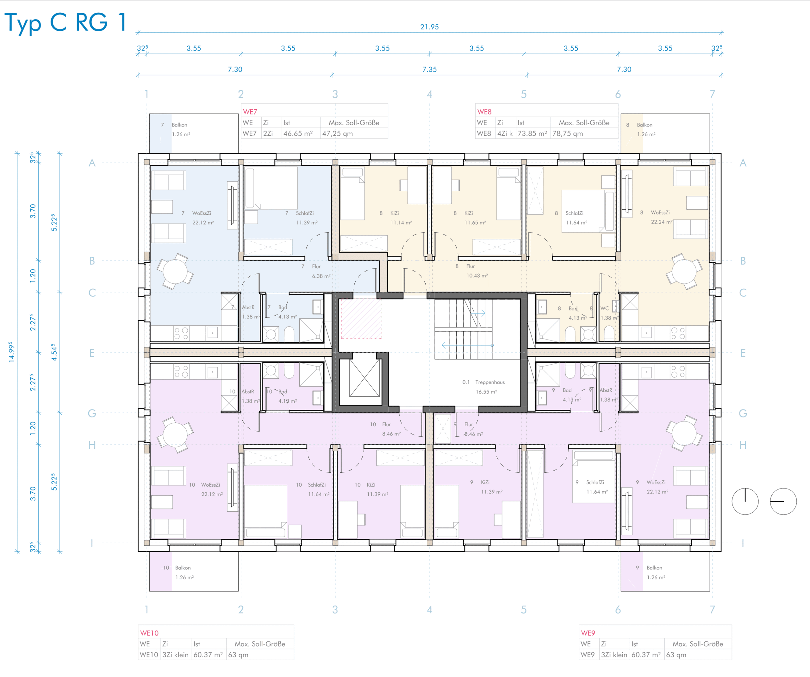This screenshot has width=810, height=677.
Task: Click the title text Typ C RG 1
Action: click(x=65, y=22)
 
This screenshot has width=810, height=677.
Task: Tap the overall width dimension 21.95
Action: click(x=429, y=27)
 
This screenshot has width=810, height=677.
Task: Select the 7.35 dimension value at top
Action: click(x=429, y=69)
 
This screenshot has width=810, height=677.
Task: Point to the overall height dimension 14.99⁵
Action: click(x=11, y=352)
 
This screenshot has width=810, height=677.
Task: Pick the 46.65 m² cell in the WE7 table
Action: click(x=298, y=133)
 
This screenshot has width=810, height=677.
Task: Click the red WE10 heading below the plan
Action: click(x=149, y=633)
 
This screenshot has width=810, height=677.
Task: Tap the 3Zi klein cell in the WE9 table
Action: click(x=614, y=655)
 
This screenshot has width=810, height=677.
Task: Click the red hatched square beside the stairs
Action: click(x=361, y=318)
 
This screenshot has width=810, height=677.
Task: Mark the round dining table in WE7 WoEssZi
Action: click(x=175, y=271)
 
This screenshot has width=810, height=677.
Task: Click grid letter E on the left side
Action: click(x=92, y=353)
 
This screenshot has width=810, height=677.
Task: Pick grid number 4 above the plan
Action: click(x=429, y=94)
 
